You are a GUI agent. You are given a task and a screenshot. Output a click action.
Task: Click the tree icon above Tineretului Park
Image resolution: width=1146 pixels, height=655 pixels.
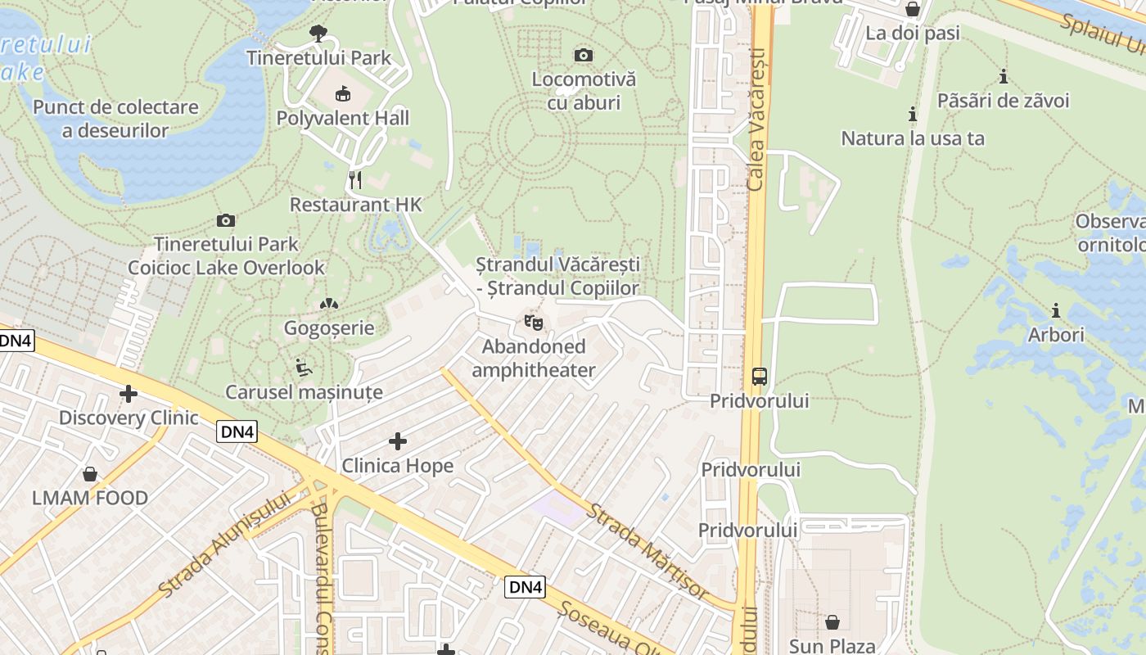click(x=318, y=34)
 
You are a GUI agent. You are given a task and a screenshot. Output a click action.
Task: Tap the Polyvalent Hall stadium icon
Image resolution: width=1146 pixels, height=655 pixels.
click(x=342, y=94)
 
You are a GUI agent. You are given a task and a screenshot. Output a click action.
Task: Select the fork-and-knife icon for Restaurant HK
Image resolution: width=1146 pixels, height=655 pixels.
click(x=355, y=180)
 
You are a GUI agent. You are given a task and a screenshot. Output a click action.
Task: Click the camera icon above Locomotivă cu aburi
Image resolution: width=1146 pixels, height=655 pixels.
click(x=584, y=56)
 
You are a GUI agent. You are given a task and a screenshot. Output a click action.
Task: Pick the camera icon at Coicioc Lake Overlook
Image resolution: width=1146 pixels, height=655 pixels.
click(x=226, y=220)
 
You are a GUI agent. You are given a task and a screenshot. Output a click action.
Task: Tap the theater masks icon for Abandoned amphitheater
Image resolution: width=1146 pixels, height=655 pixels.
click(x=533, y=322)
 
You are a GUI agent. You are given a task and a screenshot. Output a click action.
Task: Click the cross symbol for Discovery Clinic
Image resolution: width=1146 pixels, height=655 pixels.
click(x=129, y=394)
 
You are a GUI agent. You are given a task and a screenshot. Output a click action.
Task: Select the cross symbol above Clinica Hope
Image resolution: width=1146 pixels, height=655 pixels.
click(x=398, y=441)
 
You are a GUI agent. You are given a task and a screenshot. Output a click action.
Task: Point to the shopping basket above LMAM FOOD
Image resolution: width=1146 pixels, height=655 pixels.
click(x=90, y=474)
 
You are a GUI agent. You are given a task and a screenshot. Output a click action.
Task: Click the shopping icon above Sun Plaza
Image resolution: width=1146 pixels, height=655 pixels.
click(x=832, y=622)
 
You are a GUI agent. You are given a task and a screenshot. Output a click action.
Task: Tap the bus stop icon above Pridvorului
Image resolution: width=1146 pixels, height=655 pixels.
click(x=760, y=377)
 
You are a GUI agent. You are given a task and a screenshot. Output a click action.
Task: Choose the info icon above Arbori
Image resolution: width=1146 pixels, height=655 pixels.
click(x=1056, y=310)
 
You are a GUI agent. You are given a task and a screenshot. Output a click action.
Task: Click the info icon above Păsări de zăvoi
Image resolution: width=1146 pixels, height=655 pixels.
click(x=1004, y=77)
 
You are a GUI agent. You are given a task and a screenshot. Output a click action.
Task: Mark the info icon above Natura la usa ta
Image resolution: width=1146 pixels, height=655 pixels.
click(x=913, y=114)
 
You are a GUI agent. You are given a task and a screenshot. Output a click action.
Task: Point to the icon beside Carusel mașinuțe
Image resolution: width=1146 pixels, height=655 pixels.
click(x=304, y=368)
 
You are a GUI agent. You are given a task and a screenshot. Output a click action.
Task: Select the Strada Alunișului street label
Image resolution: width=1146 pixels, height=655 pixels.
click(x=225, y=544)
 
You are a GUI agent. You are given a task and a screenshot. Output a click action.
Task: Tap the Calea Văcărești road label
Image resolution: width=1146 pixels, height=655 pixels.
click(x=757, y=119)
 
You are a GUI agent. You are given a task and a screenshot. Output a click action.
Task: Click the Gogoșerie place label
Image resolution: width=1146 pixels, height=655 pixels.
click(x=329, y=328)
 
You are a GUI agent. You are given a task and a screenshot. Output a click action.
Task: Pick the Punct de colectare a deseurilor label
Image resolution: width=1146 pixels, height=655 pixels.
click(x=115, y=119)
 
